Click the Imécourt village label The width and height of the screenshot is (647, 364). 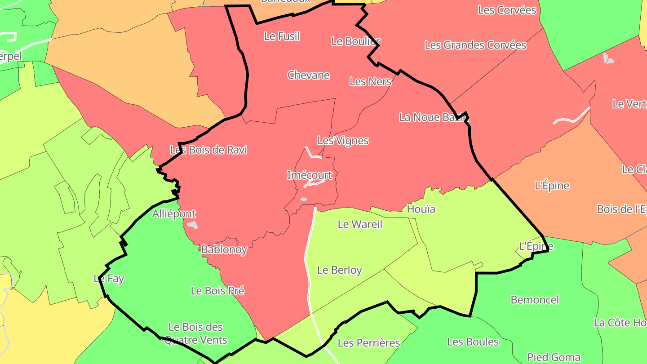pos(310,175)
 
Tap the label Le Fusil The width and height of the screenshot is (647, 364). pos(282,36)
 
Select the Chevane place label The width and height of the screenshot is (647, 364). pos(309,75)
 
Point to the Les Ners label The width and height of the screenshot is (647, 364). pos(370,81)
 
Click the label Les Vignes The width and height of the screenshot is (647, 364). pos(343,141)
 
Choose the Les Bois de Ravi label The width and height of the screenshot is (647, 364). pos(208,150)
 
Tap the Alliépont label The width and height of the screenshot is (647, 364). pos(174,213)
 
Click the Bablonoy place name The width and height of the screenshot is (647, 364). pos(224,249)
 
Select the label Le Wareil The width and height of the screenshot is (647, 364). pos(360,224)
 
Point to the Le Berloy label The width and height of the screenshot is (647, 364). pos(339,270)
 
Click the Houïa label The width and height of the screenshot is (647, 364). pos(421,209)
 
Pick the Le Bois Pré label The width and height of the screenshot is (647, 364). pos(217,291)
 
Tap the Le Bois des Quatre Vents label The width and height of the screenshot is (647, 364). pos(195,333)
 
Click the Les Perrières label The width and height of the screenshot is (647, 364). pos(368,343)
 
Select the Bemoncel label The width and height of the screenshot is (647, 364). pos(535,300)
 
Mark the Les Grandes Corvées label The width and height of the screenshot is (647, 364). pos(475,45)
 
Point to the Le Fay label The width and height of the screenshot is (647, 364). pos(109,279)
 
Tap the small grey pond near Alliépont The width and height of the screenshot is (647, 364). pos(192,225)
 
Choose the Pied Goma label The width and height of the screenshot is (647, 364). pos(554,357)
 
